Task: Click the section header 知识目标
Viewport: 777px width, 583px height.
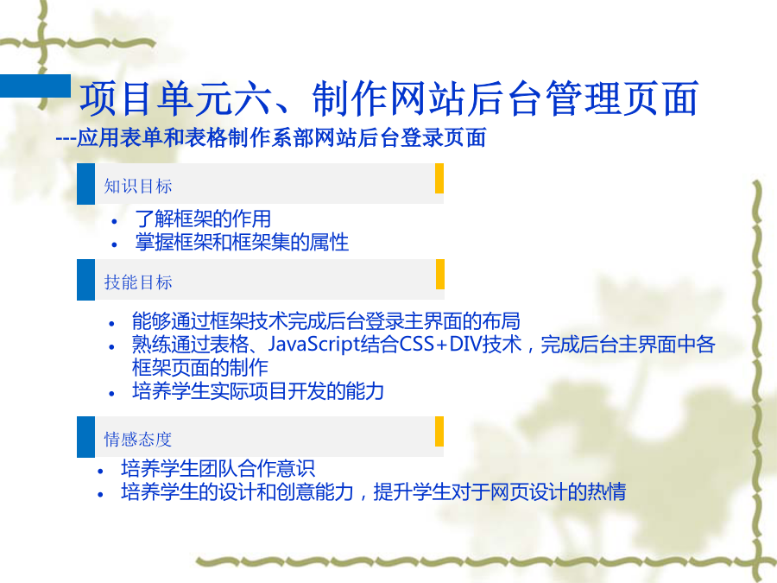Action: point(138,187)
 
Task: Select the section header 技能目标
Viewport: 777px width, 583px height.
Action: point(138,282)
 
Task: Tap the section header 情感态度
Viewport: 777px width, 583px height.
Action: point(138,440)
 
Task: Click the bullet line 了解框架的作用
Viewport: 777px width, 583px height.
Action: point(203,219)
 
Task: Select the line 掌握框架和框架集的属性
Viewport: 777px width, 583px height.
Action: point(242,243)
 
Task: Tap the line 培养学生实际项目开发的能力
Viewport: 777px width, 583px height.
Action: point(257,391)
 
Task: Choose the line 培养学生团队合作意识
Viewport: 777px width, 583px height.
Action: point(218,468)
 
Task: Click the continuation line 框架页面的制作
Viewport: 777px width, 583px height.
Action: point(199,368)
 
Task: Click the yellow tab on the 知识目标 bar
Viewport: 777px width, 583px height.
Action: point(439,179)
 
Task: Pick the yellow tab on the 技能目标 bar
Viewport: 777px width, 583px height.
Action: point(439,274)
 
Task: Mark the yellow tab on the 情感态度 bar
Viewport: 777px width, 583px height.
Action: point(439,431)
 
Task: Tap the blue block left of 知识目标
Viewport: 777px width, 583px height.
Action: point(85,184)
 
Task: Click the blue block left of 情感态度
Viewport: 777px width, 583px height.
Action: point(85,437)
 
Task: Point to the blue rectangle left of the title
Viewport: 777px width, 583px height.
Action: point(35,86)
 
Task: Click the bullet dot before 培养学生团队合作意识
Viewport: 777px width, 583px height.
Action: point(101,471)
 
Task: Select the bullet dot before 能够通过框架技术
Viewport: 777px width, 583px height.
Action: point(111,324)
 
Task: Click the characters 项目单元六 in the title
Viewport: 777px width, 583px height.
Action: point(176,98)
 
